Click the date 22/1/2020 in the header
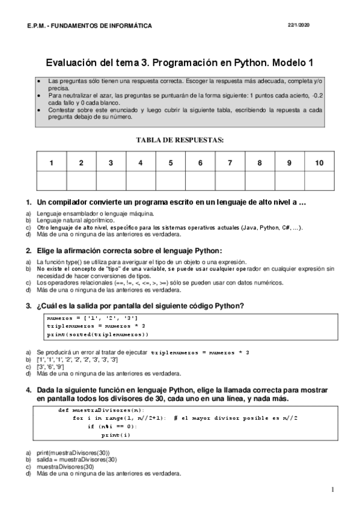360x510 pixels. pyautogui.click(x=299, y=24)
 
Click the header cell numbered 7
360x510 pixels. pyautogui.click(x=230, y=163)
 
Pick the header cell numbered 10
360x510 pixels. pyautogui.click(x=319, y=163)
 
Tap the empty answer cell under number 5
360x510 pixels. pyautogui.click(x=170, y=180)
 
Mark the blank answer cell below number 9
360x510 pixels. pyautogui.click(x=289, y=180)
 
